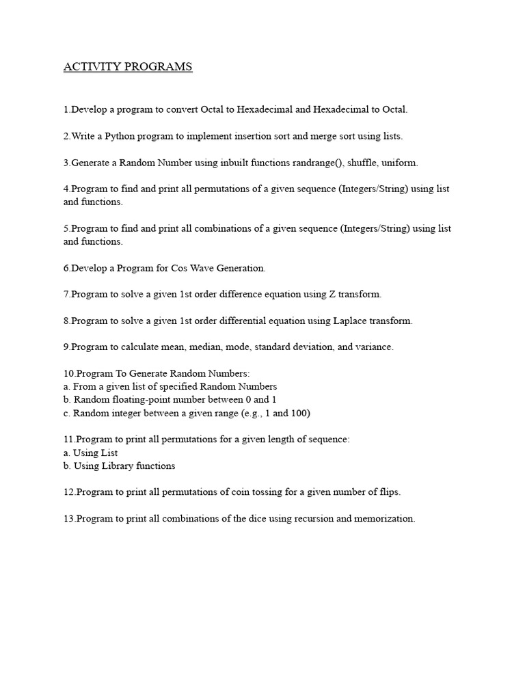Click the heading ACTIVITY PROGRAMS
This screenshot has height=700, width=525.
pyautogui.click(x=128, y=67)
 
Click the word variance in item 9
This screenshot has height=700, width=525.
pyautogui.click(x=373, y=347)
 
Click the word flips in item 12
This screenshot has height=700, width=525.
pyautogui.click(x=388, y=492)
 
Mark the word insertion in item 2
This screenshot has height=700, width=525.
pyautogui.click(x=246, y=136)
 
